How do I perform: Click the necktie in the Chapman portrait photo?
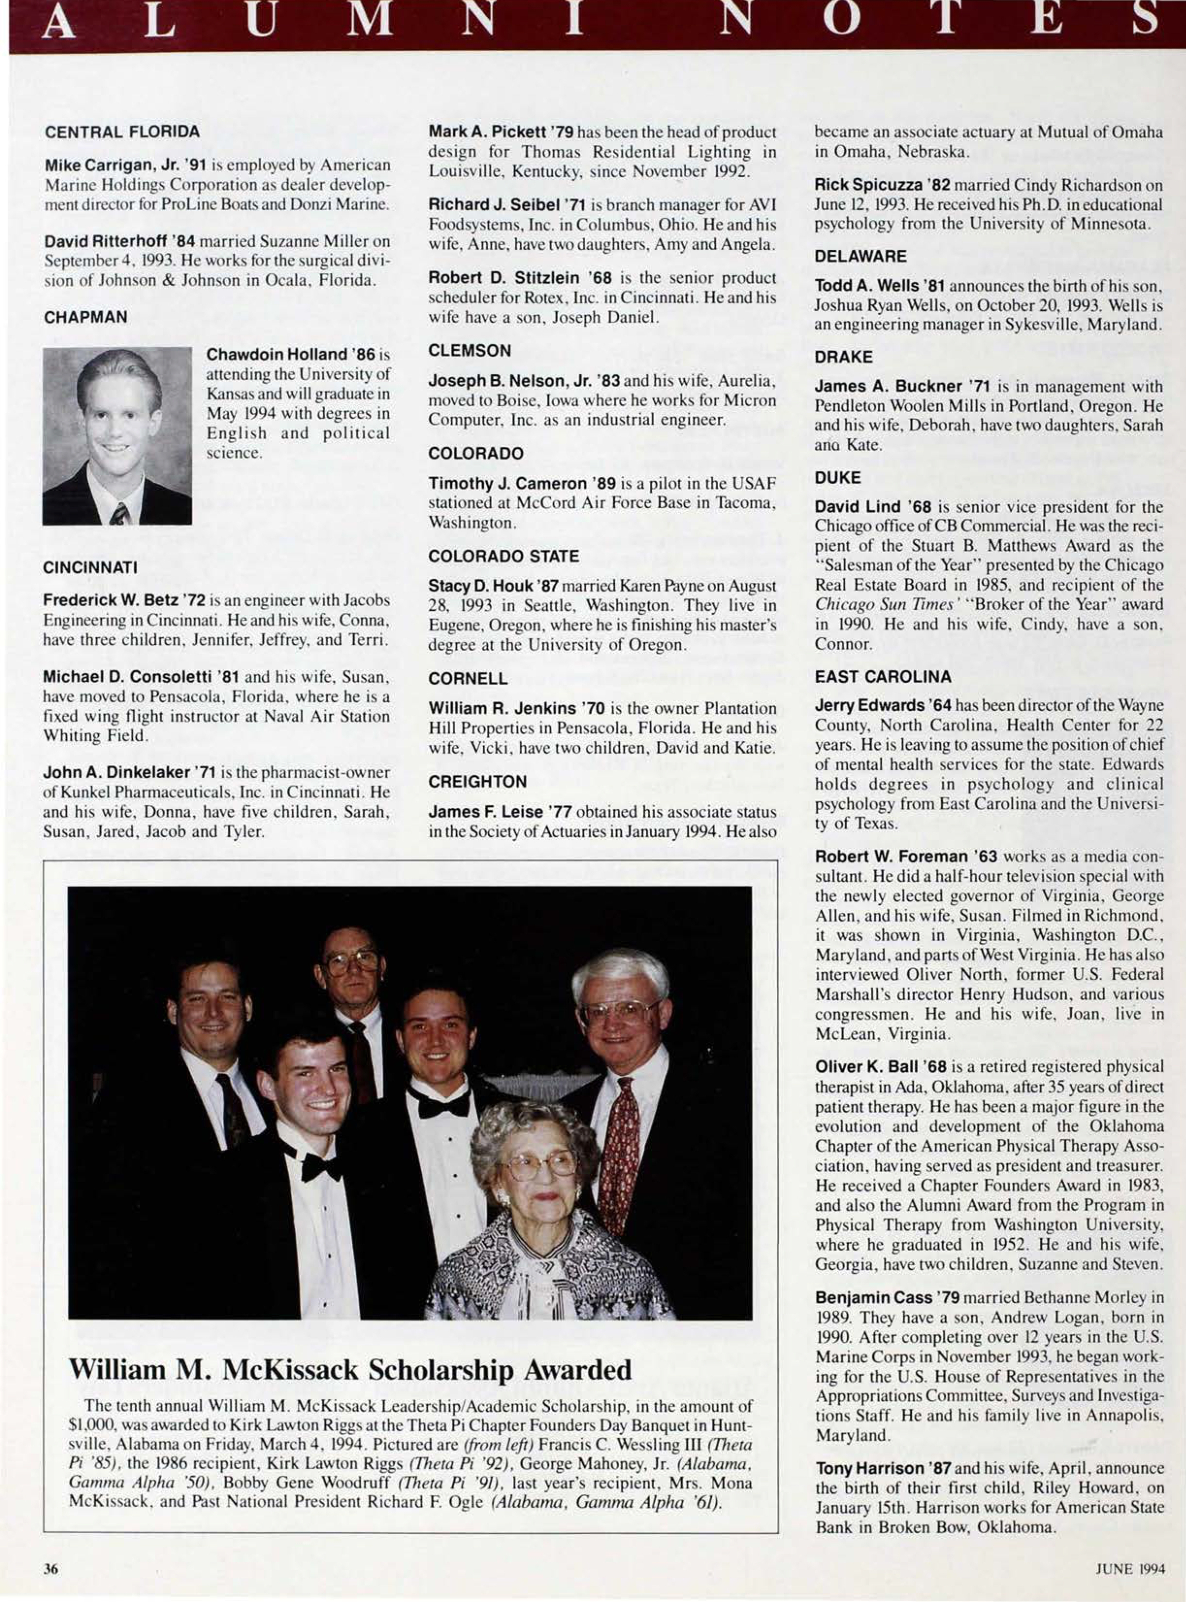click(119, 512)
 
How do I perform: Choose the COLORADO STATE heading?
click(503, 556)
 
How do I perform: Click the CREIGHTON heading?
click(478, 780)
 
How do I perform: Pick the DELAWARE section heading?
click(861, 256)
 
